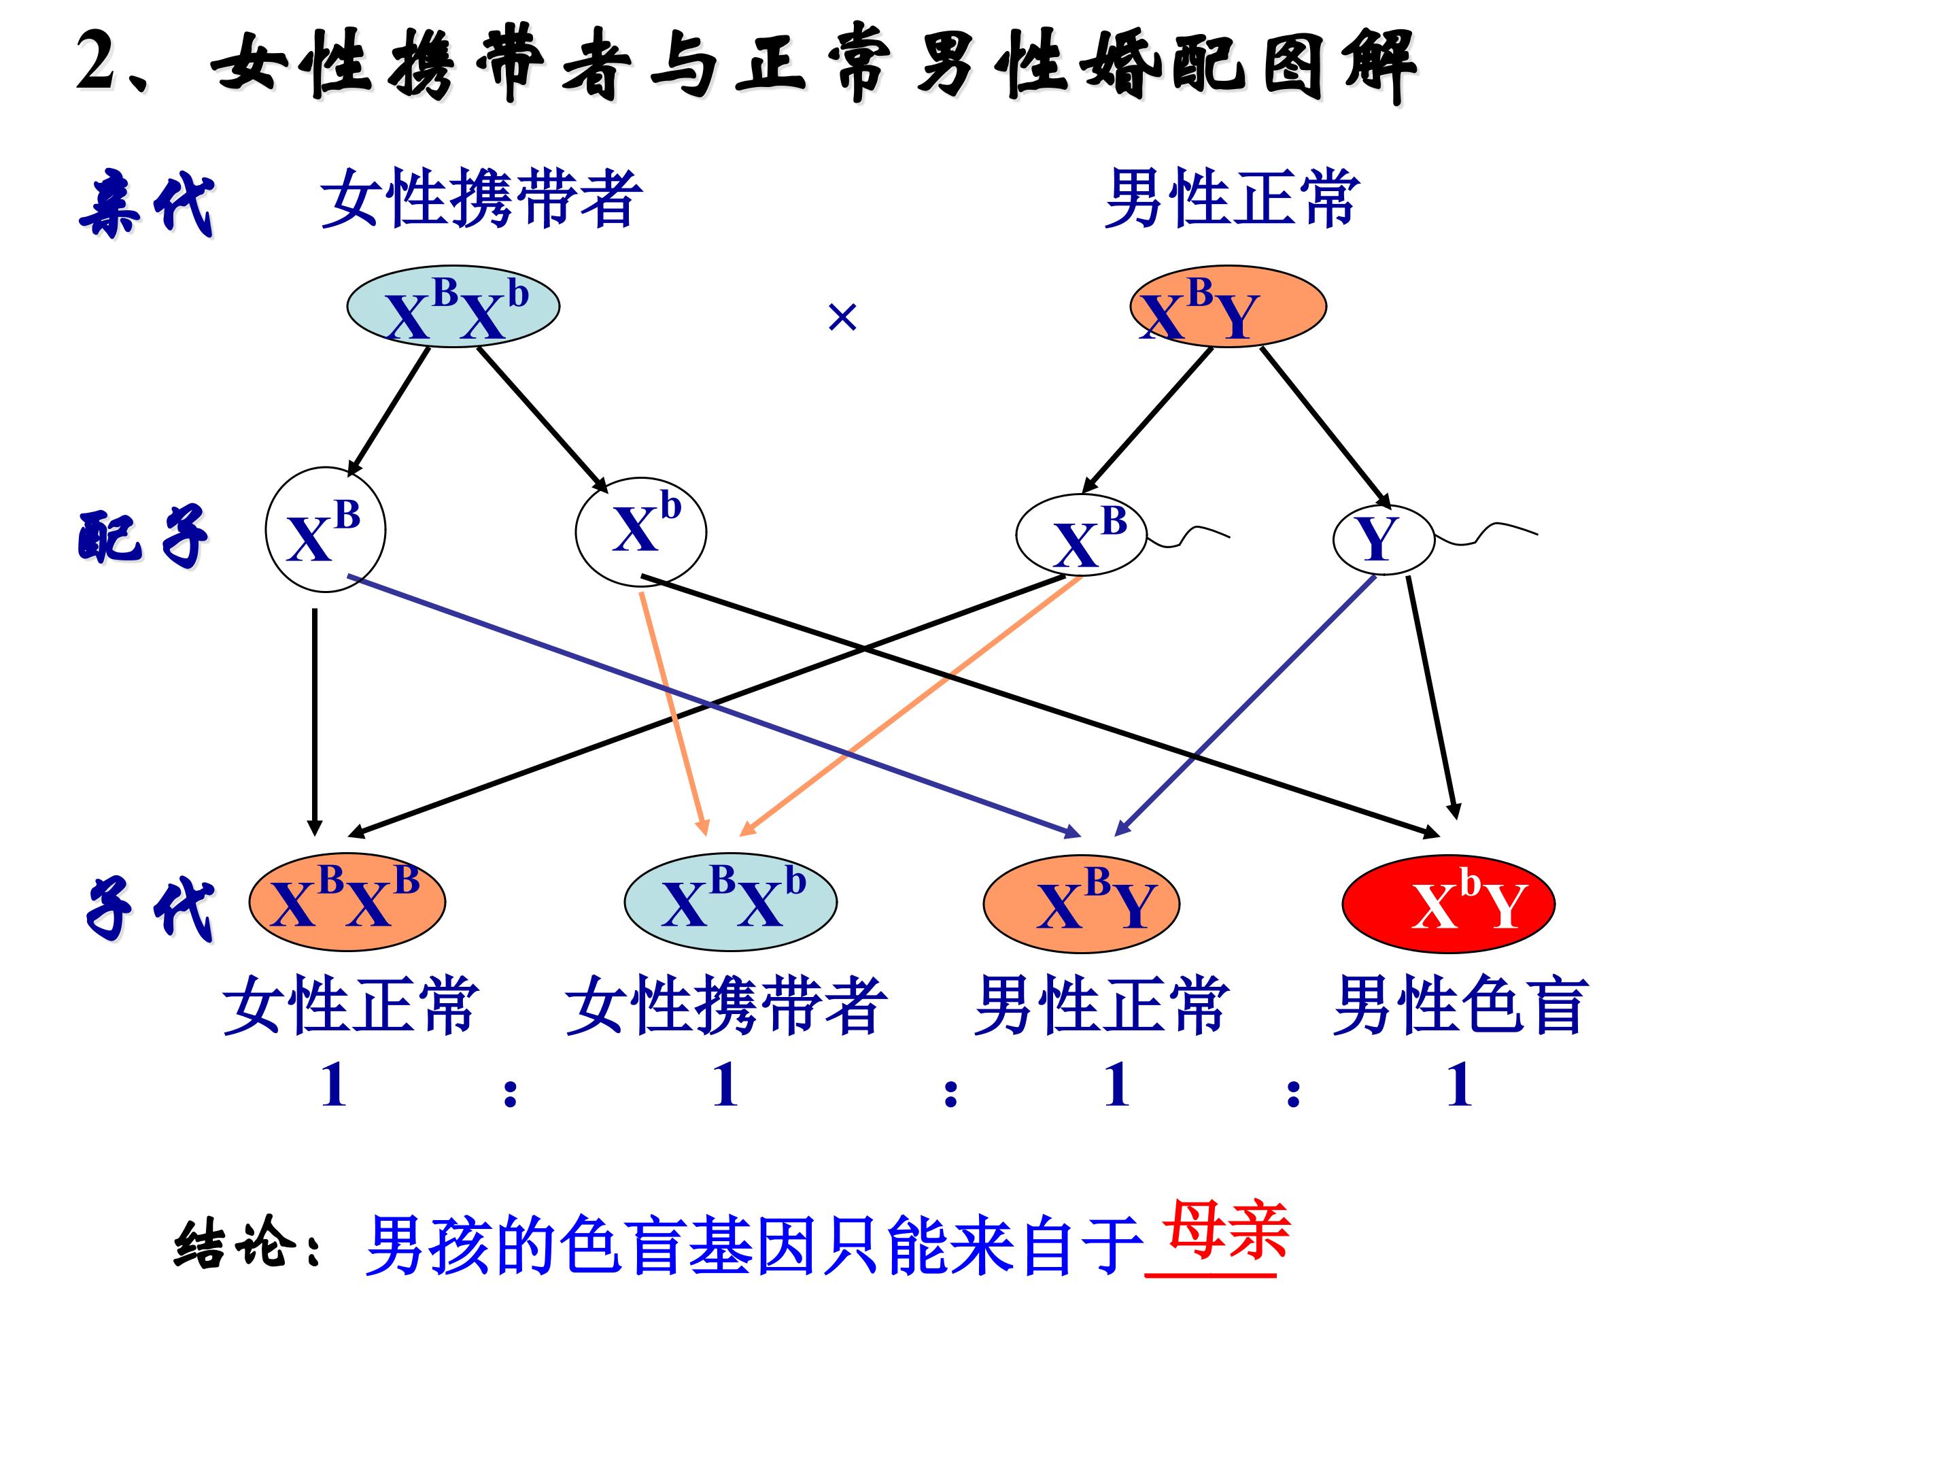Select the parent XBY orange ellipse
[x=1227, y=306]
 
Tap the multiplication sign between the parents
[x=842, y=317]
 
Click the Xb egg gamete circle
[x=641, y=531]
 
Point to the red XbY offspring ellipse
[x=1448, y=903]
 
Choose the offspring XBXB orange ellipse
[x=347, y=903]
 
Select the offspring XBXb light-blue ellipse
[x=730, y=903]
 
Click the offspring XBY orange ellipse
[x=1081, y=903]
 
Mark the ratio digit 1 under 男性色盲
[x=1459, y=1085]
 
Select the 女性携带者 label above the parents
[x=481, y=199]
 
